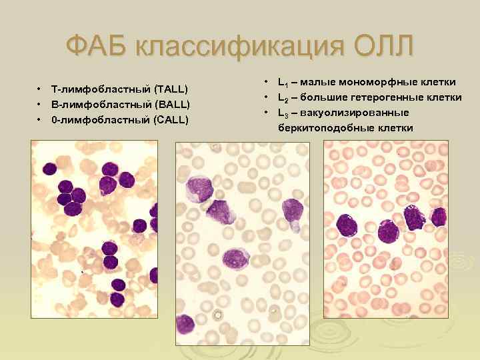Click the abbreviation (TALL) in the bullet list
click(x=171, y=89)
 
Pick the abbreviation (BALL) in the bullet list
click(x=171, y=104)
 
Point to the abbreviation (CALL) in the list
click(x=171, y=119)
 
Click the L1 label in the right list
click(x=283, y=82)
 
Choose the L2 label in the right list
click(x=283, y=97)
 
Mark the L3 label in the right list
click(x=283, y=113)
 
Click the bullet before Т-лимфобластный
click(x=40, y=89)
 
